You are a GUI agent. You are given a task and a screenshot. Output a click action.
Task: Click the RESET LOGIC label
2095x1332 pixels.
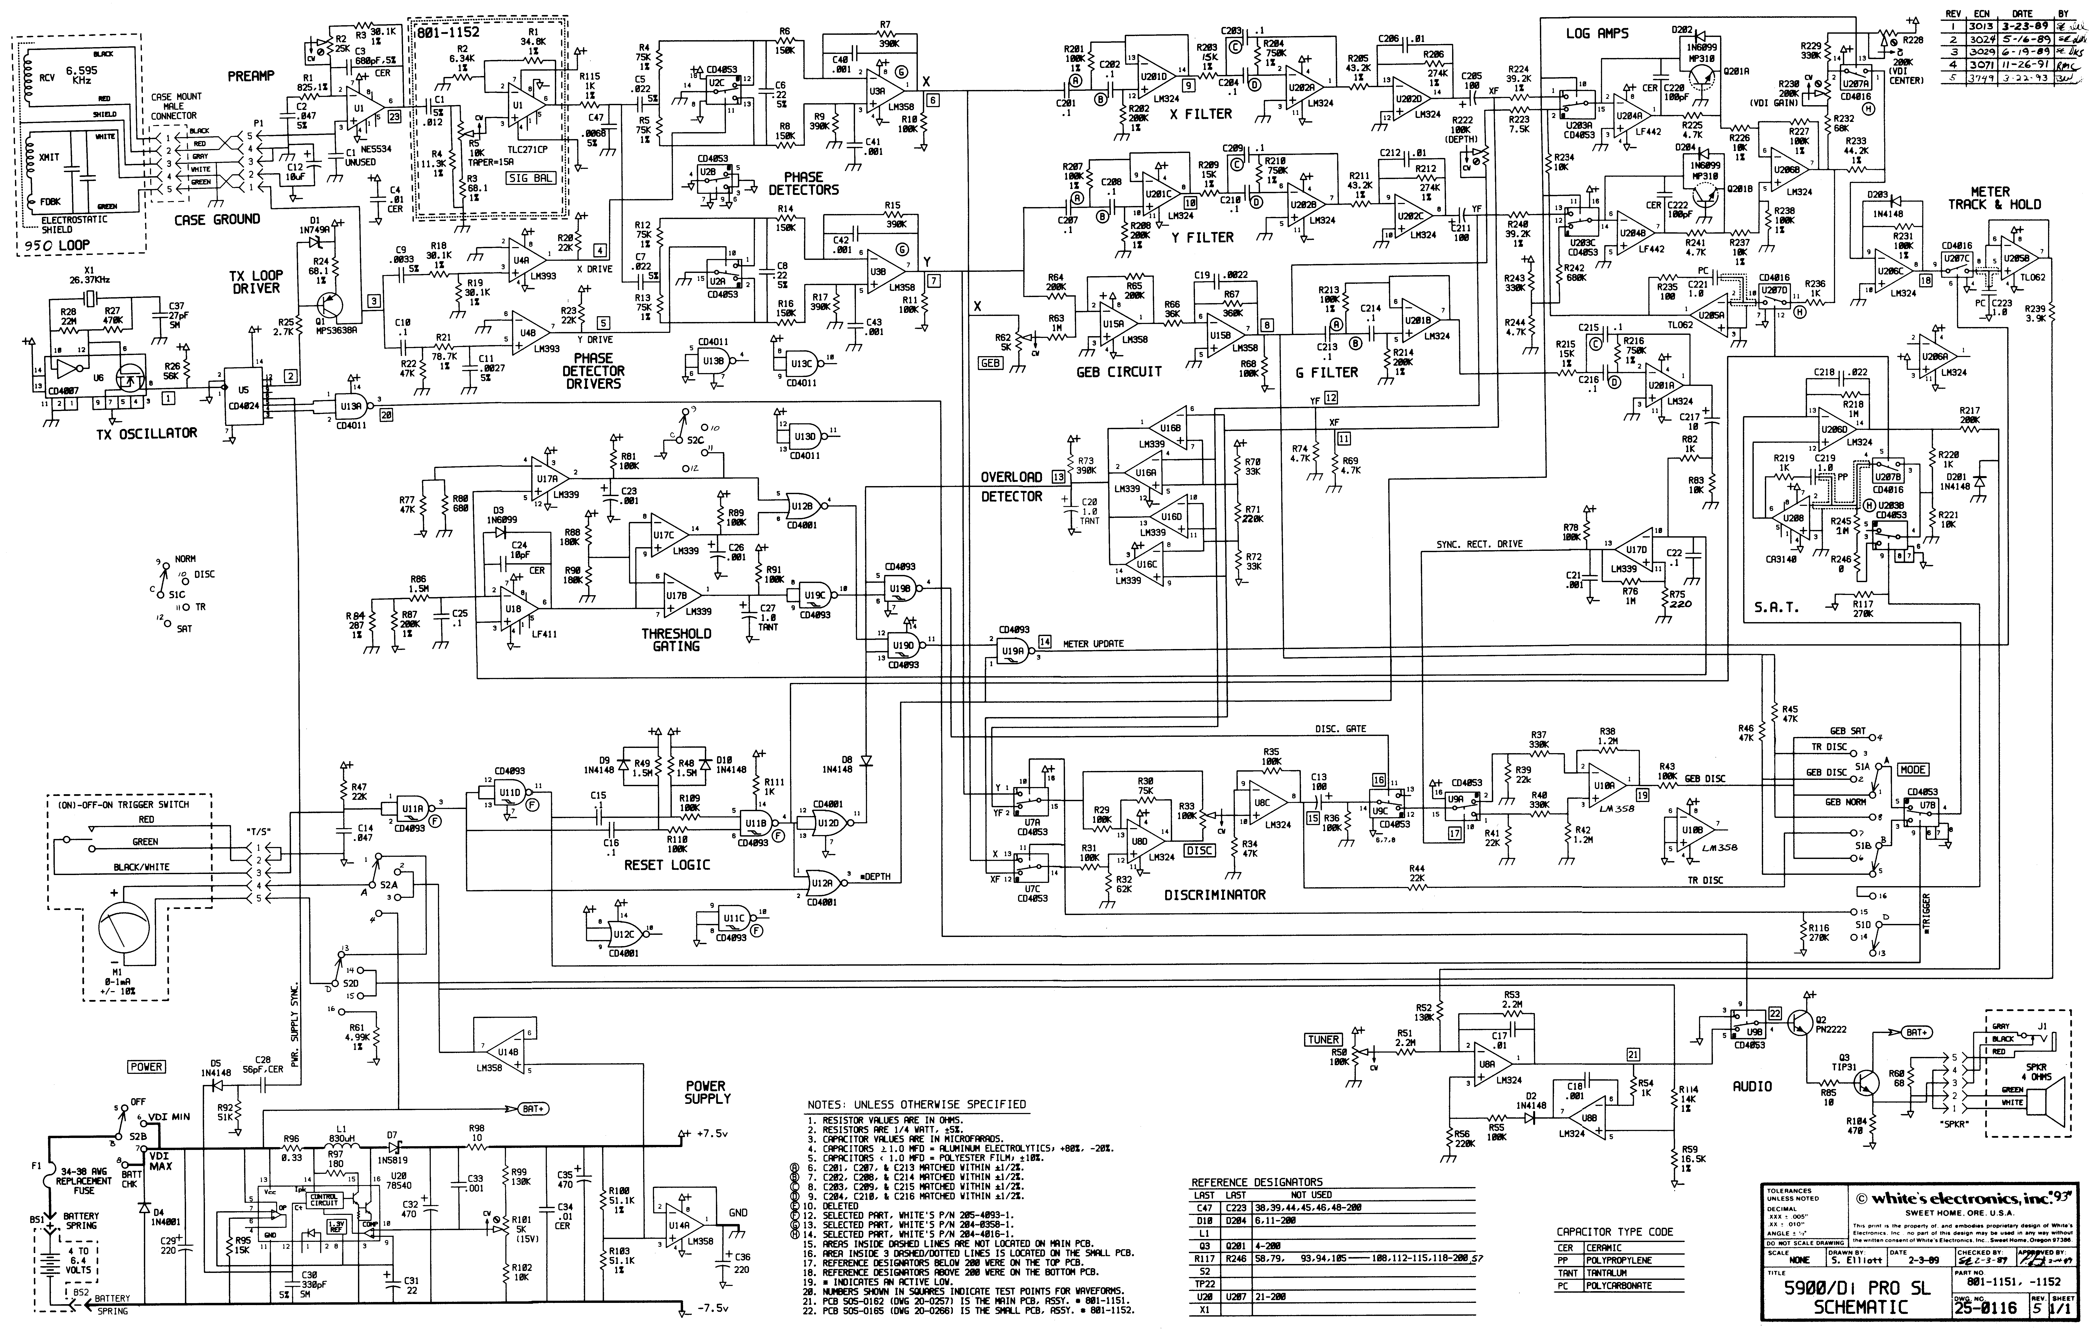tap(667, 865)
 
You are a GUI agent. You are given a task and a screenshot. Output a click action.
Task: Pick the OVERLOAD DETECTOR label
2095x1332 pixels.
tap(1011, 486)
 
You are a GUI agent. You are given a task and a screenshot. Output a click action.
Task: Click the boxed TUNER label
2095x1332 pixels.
tap(1323, 1039)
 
